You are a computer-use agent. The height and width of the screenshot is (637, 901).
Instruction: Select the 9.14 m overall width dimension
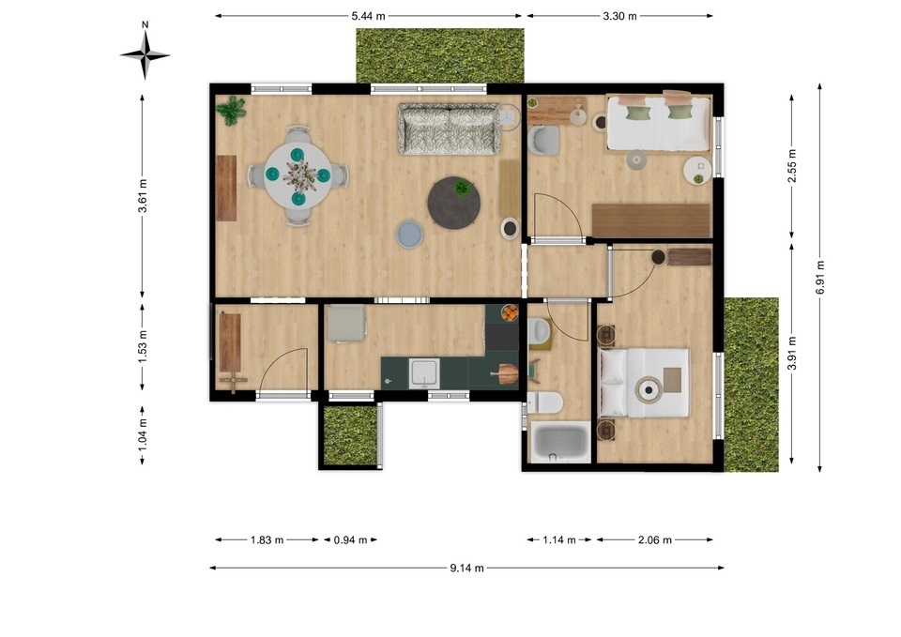tap(466, 569)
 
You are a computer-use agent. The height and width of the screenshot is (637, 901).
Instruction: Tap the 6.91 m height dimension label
tap(820, 278)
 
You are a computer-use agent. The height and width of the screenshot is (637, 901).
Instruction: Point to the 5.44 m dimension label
tap(368, 16)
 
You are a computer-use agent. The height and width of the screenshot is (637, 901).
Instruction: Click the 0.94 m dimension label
tap(350, 540)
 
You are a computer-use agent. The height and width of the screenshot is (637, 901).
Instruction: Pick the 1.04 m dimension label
tap(143, 434)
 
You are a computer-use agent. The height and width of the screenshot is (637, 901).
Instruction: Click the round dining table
tap(298, 174)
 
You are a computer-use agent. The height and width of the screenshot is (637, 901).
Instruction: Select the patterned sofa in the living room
tap(450, 129)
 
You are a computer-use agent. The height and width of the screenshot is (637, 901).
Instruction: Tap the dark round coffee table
tap(454, 203)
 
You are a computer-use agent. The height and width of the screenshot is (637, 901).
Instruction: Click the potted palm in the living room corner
tap(231, 111)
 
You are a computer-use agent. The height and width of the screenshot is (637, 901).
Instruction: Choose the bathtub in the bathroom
tap(559, 442)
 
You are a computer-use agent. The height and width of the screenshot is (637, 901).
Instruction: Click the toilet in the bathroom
tap(544, 402)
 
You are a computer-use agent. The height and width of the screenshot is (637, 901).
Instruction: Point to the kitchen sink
tap(424, 373)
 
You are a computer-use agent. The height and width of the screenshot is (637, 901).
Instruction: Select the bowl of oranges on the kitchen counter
tap(509, 313)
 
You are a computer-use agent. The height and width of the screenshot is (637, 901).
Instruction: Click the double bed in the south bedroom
tap(644, 383)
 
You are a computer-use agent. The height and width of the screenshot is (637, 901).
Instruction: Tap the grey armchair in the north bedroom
tap(543, 140)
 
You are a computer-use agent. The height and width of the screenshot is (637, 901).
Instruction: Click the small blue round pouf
tap(410, 235)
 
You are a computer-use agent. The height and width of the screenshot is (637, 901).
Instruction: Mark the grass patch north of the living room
tap(440, 55)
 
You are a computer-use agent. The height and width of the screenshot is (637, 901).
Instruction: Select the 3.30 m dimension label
tap(619, 16)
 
